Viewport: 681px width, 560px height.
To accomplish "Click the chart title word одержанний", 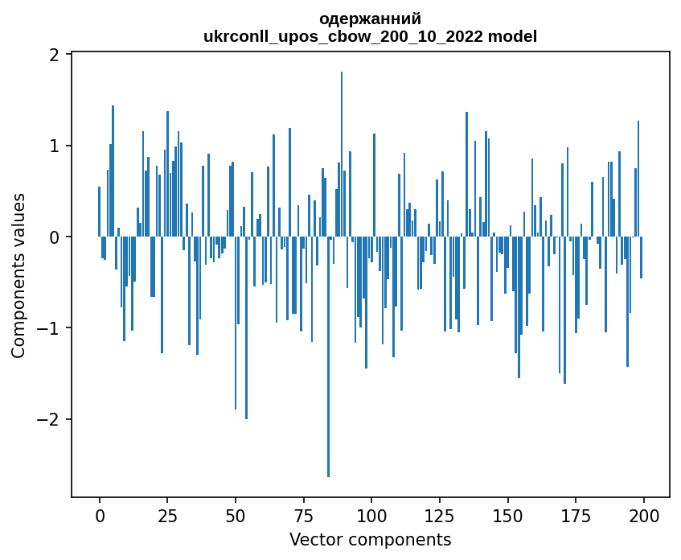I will [x=370, y=19].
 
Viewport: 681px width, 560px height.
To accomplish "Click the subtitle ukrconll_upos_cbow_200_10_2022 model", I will [x=370, y=36].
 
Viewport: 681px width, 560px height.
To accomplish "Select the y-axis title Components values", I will [x=18, y=275].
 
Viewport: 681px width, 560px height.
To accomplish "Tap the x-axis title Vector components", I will [x=370, y=539].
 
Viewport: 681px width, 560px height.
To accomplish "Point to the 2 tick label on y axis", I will [x=55, y=55].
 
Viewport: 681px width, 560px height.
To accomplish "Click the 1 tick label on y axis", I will [x=55, y=146].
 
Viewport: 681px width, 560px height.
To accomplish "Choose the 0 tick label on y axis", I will [x=55, y=237].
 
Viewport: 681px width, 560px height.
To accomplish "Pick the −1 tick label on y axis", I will [x=51, y=328].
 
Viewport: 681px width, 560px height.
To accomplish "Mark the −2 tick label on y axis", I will [x=51, y=419].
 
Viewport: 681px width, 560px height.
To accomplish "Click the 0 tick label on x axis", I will [x=100, y=515].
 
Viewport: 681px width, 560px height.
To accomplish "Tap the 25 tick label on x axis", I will [x=167, y=515].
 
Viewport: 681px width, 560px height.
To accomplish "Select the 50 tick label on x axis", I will [x=236, y=515].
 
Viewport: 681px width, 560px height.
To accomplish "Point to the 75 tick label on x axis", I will [x=303, y=515].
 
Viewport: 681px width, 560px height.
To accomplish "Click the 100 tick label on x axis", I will [x=371, y=515].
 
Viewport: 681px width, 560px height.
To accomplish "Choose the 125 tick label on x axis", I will [x=439, y=515].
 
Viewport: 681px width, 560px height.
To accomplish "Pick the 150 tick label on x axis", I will [x=507, y=515].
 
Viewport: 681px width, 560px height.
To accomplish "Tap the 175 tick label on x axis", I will [x=575, y=515].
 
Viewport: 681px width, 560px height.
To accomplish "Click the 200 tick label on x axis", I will [x=643, y=515].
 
